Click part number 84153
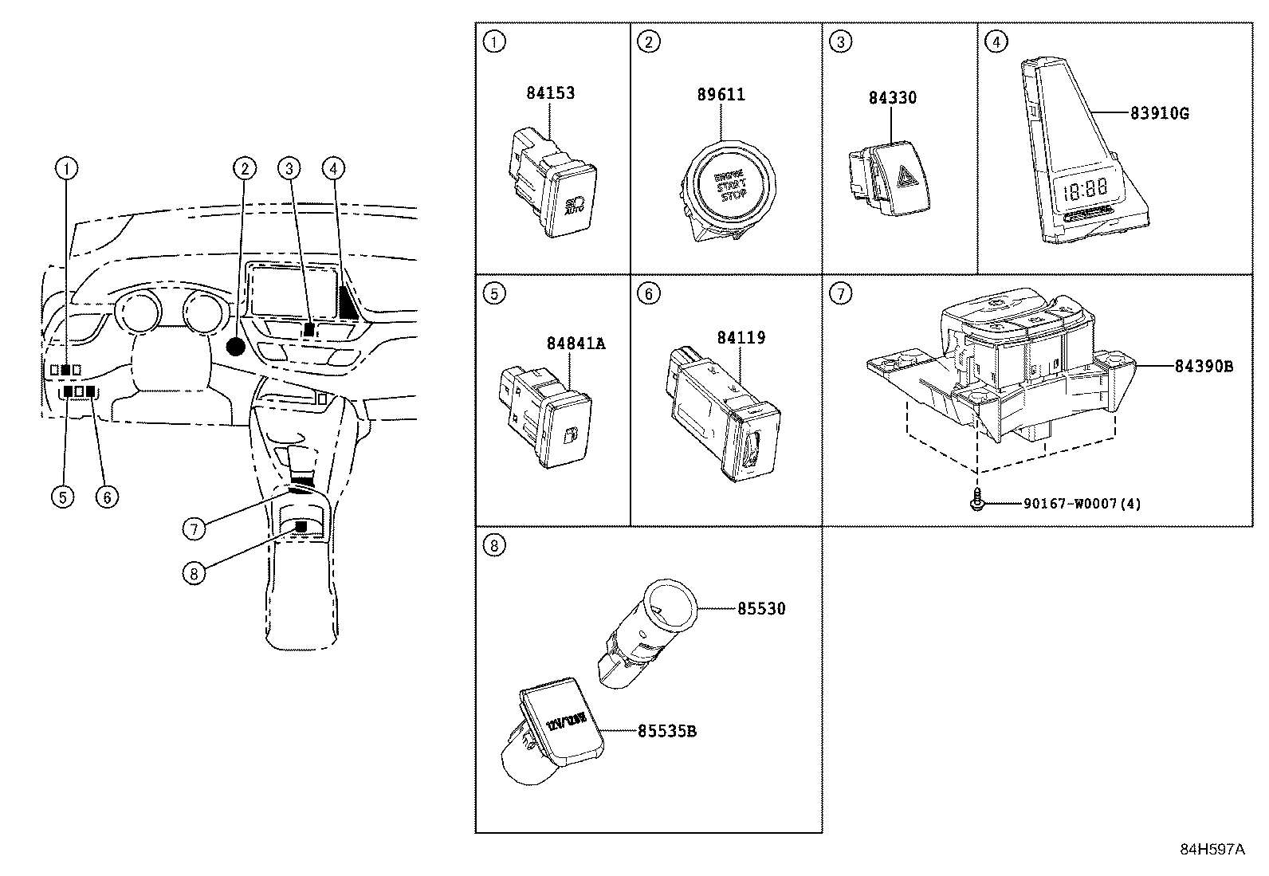click(x=550, y=93)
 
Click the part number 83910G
click(x=1159, y=113)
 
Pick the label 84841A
click(x=576, y=344)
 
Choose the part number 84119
click(x=741, y=338)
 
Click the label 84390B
click(x=1204, y=367)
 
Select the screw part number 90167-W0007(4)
click(x=1082, y=504)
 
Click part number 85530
click(x=760, y=609)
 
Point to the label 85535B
click(x=666, y=731)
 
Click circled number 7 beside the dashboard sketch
click(x=194, y=528)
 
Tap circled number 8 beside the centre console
click(x=194, y=572)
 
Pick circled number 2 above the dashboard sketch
click(x=245, y=167)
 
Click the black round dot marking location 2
click(x=236, y=346)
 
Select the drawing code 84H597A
click(x=1212, y=849)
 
